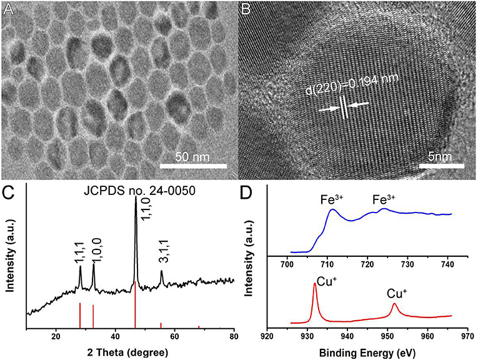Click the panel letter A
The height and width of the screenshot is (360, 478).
[9, 9]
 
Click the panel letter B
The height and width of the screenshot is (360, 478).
[246, 9]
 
